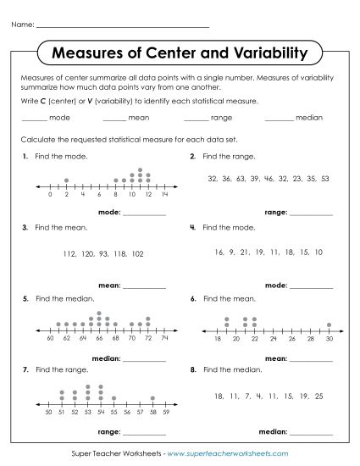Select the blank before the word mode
point(33,119)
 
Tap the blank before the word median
point(279,119)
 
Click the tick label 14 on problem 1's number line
point(164,194)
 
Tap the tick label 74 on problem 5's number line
point(164,338)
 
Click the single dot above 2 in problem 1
point(66,180)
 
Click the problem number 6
point(193,299)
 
